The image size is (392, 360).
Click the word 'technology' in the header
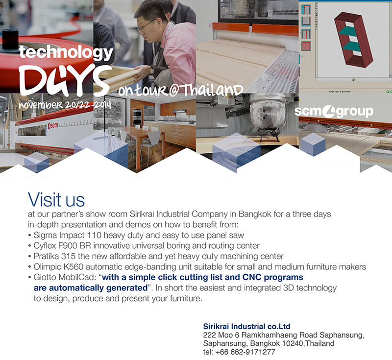tap(66, 52)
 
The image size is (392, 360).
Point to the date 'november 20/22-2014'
tap(65, 105)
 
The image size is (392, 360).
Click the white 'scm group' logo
tap(334, 111)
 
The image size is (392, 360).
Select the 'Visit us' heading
tap(56, 200)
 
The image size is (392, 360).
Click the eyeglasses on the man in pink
tap(147, 25)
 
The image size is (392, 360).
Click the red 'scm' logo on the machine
tap(53, 126)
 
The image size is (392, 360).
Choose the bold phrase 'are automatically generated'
tap(91, 288)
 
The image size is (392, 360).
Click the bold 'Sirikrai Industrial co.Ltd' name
tap(247, 326)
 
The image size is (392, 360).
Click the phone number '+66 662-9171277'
tap(245, 352)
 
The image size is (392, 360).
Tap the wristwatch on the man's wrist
tap(152, 71)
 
